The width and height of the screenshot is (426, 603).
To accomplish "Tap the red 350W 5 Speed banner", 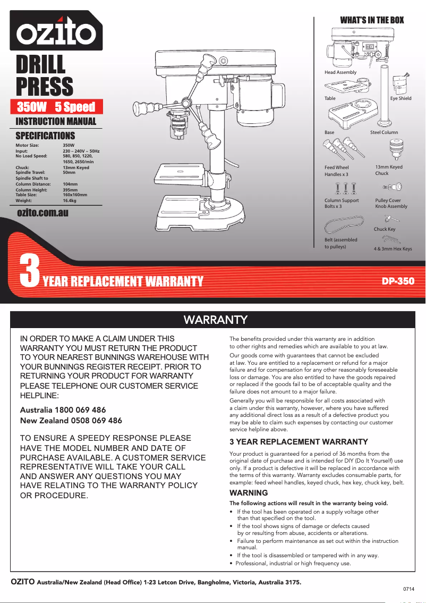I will click(x=56, y=106).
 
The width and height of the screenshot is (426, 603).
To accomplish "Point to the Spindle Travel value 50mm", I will click(x=69, y=173).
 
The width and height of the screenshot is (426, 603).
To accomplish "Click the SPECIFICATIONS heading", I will click(x=45, y=136).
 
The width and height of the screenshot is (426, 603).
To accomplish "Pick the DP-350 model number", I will click(x=398, y=281).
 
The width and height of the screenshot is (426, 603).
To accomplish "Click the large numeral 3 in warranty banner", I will click(x=30, y=272).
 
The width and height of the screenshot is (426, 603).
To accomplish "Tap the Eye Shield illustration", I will click(x=400, y=84).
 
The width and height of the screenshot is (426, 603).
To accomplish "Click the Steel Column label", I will click(x=384, y=132).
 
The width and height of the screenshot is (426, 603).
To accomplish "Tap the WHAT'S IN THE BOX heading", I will click(x=372, y=20).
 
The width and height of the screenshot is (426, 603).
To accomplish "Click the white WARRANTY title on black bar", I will click(x=216, y=320).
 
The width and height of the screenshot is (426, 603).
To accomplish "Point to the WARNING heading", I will click(x=248, y=493).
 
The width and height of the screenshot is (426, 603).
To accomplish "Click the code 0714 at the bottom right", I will click(x=408, y=589).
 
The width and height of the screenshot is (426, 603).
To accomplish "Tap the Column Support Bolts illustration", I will click(x=346, y=189).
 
